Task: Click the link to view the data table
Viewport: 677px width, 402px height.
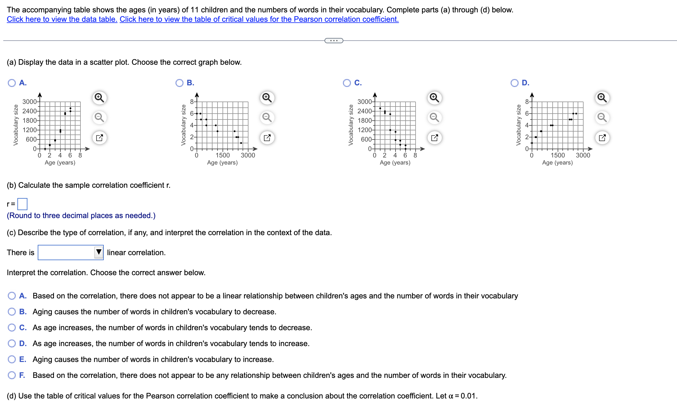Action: (62, 19)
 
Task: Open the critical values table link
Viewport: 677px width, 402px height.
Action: (259, 19)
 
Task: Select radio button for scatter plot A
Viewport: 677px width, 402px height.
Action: (12, 83)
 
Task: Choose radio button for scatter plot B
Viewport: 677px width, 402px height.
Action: (179, 83)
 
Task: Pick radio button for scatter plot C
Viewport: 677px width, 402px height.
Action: (347, 83)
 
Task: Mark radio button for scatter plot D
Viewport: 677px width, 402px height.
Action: (514, 83)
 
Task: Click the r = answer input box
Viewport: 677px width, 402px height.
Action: (22, 204)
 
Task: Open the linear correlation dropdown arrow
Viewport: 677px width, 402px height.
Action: (99, 252)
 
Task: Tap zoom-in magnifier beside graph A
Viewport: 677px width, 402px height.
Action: (99, 98)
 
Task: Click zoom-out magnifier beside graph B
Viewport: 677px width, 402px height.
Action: (267, 117)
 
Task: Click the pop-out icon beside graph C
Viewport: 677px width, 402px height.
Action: (434, 138)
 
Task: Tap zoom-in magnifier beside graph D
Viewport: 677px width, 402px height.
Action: (602, 98)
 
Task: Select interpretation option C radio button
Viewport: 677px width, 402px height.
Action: (12, 328)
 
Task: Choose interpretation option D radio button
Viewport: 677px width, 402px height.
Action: (12, 343)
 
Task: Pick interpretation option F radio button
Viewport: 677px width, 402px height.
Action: (12, 375)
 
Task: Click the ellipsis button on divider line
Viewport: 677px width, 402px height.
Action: (334, 41)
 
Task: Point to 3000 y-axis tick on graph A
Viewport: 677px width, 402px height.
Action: (29, 102)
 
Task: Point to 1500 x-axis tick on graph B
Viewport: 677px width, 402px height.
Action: (222, 155)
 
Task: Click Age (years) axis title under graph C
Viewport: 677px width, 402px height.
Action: (395, 163)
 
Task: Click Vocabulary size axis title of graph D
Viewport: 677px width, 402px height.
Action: (518, 125)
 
